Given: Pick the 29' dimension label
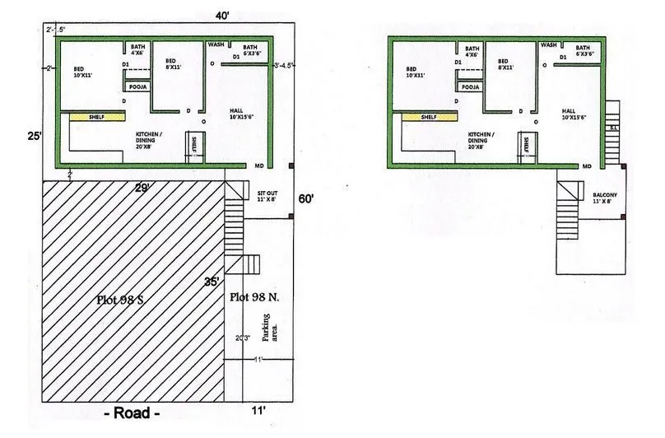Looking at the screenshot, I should pos(142,189).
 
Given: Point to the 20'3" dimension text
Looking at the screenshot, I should pos(243,337).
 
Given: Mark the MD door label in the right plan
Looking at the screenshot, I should pos(588,166).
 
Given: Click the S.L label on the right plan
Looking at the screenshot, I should pos(612,128).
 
